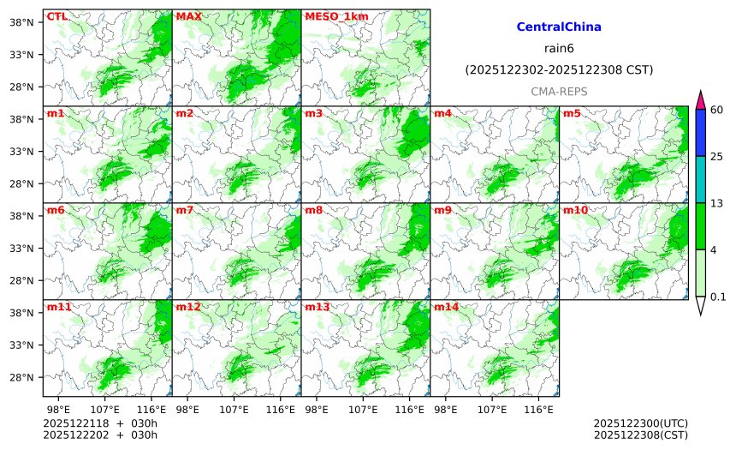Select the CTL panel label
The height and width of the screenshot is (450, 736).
pos(56,16)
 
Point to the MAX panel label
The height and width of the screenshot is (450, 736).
pos(187,16)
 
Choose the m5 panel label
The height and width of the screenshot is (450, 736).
pos(572,113)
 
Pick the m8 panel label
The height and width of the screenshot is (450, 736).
pos(313,210)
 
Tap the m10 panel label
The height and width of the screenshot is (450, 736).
pos(575,210)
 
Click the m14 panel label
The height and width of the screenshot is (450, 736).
pos(446,307)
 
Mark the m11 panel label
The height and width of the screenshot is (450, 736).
pos(58,307)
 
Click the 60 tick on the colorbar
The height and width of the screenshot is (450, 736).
pos(717,109)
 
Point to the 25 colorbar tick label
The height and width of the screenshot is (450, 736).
pos(717,156)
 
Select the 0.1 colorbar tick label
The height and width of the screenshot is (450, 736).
pos(718,297)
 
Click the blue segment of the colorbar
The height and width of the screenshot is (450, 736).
pos(701,132)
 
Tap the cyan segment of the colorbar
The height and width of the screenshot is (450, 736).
pos(701,179)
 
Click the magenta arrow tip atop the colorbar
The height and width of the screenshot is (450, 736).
pos(701,99)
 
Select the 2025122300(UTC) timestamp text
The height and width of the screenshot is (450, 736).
pos(640,423)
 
